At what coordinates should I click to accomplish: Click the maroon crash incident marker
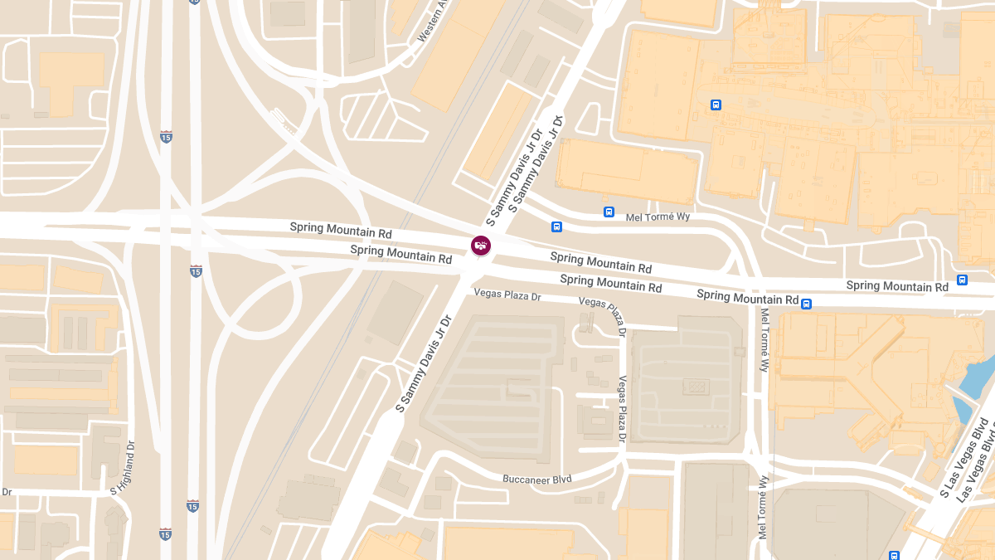(481, 246)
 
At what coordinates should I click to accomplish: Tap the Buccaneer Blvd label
(537, 479)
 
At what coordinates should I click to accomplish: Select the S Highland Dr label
(124, 470)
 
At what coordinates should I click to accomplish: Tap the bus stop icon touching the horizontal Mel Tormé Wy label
(609, 212)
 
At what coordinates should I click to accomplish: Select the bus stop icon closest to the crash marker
(556, 226)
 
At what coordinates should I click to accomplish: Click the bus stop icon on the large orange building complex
(716, 105)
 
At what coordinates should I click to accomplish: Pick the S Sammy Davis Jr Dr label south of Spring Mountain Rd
(424, 363)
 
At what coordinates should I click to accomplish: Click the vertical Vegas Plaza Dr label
(622, 407)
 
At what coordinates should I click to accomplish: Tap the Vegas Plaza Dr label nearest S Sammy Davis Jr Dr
(507, 295)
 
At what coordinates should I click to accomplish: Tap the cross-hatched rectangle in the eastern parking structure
(695, 387)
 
